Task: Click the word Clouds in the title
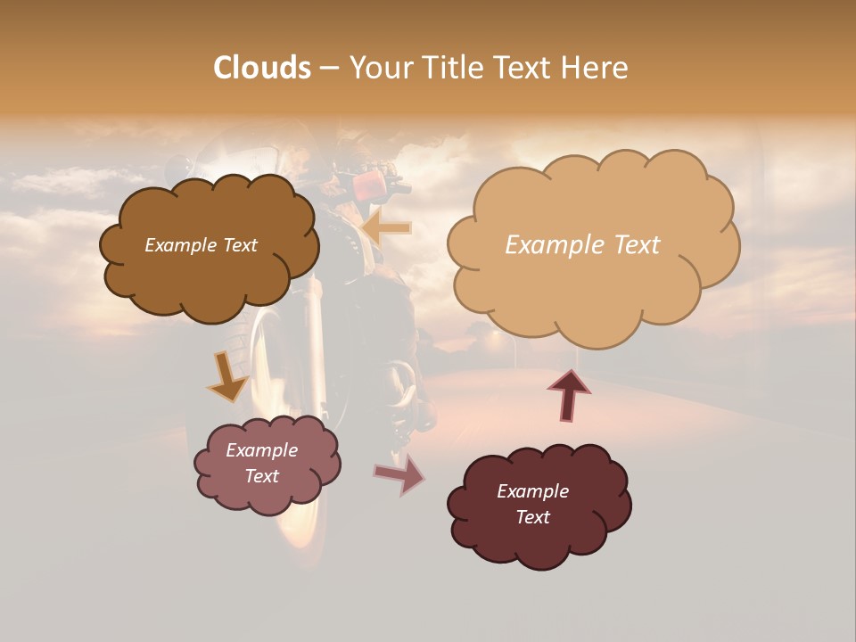(x=262, y=68)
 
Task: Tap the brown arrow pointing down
(x=227, y=376)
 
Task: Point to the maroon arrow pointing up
(x=569, y=394)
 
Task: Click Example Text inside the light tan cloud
(x=582, y=244)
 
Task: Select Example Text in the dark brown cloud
(x=201, y=245)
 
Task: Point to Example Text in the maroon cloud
(x=532, y=504)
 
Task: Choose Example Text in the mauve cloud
(x=261, y=463)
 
